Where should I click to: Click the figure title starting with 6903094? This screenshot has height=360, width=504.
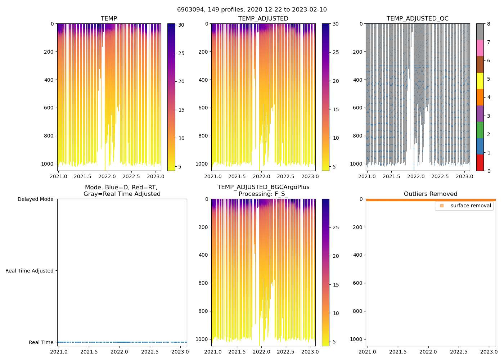252,10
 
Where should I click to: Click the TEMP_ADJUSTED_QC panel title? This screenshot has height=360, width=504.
418,19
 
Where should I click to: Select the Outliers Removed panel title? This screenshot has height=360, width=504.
431,194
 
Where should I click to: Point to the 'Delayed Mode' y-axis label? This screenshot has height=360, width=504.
35,199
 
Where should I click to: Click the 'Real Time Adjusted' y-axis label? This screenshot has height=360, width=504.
29,271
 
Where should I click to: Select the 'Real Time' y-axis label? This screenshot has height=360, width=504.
41,343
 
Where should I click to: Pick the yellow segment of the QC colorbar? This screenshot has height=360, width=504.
480,81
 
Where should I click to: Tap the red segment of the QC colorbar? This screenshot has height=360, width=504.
480,163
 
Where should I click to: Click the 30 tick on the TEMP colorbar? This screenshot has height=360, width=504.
181,25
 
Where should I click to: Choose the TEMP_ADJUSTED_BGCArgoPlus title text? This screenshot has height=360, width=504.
263,187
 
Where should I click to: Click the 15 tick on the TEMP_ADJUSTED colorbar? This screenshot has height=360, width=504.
336,109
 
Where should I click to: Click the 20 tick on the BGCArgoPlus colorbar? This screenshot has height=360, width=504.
336,256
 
